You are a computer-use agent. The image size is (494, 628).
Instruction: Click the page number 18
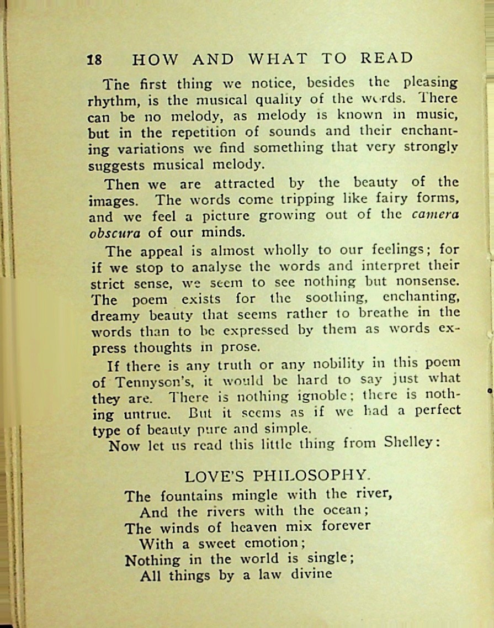point(94,60)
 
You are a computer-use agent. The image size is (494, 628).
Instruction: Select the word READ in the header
point(386,58)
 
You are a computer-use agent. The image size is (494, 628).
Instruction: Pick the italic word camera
point(435,215)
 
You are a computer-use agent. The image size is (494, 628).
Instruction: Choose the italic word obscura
point(114,233)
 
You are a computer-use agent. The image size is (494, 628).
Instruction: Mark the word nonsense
point(426,281)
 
